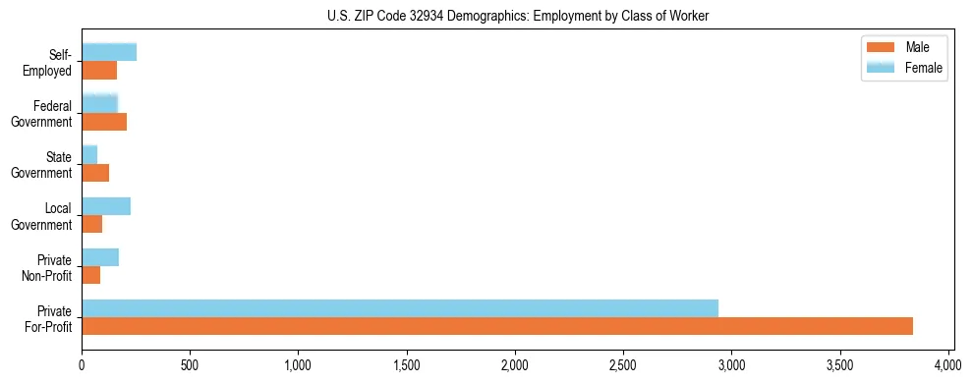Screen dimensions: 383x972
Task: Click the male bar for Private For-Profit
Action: click(497, 326)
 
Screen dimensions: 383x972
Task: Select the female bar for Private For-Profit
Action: click(400, 308)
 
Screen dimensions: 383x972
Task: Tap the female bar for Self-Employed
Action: click(109, 53)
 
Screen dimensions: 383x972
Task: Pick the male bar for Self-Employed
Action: click(99, 71)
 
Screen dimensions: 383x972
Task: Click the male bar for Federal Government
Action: click(104, 122)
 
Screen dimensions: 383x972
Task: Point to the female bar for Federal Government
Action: click(99, 104)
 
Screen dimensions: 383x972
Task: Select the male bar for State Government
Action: click(95, 173)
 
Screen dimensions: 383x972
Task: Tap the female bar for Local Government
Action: click(106, 206)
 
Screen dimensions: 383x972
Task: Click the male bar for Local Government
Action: click(92, 224)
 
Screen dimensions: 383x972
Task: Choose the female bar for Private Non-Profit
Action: click(100, 257)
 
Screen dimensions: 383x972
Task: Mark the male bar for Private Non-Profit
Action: click(91, 275)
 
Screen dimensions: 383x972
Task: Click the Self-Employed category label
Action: click(48, 63)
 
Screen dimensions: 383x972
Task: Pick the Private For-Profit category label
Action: click(48, 318)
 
